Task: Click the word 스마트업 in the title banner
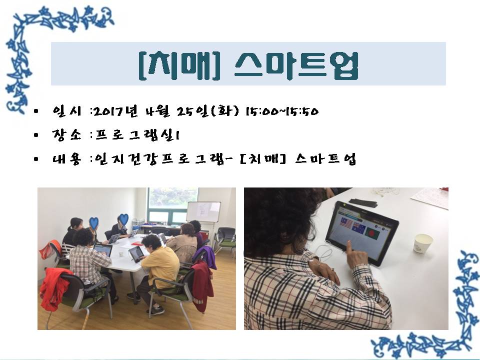tap(296, 66)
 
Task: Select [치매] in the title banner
tap(179, 65)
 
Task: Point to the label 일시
tap(66, 111)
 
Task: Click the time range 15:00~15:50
tap(282, 111)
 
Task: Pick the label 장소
tap(66, 134)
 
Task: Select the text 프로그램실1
tap(137, 135)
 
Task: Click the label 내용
tap(66, 158)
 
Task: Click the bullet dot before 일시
tap(36, 111)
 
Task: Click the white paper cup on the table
tap(423, 243)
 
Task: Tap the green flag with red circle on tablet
tap(372, 233)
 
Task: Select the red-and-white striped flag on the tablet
tap(346, 223)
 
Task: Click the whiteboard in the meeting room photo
tap(203, 211)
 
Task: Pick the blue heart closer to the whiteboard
tap(123, 219)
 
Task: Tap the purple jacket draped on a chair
tap(205, 257)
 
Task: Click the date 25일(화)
tap(207, 111)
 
